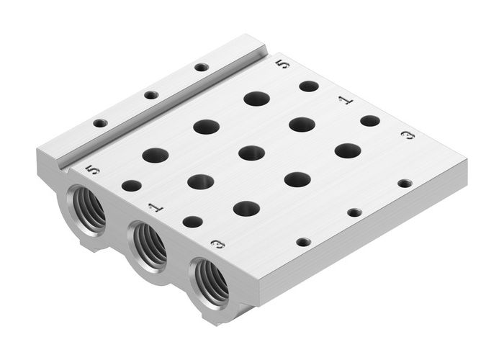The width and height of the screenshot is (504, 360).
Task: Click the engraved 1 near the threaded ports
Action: click(154, 207)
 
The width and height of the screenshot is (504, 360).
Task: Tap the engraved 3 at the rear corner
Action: click(408, 135)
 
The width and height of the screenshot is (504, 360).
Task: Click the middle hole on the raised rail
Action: click(150, 95)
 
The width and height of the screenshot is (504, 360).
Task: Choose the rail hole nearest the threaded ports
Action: click(100, 122)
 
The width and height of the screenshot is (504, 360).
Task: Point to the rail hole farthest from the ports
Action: click(202, 68)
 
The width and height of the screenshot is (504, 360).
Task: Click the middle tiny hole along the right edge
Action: click(354, 212)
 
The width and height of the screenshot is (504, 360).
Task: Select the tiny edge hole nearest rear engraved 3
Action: click(405, 184)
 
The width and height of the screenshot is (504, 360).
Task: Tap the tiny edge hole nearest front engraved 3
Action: click(304, 241)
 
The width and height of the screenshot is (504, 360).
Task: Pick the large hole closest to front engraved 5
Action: click(154, 154)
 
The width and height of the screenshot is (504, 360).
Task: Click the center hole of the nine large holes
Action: click(251, 153)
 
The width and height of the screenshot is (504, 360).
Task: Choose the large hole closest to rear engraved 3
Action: click(348, 151)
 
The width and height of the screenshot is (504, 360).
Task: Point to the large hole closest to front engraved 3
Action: click(246, 208)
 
